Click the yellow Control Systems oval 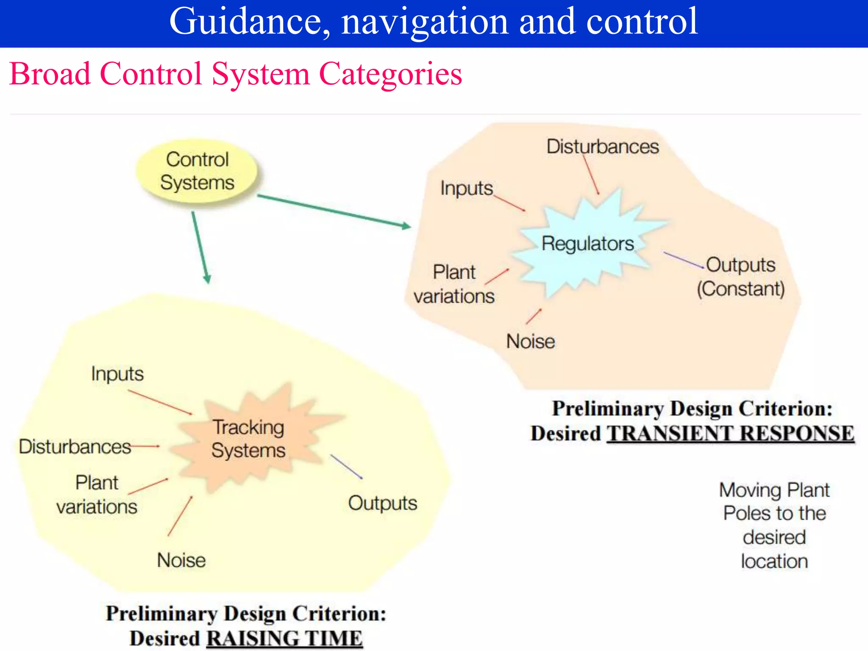pyautogui.click(x=197, y=171)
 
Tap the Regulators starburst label pyautogui.click(x=587, y=244)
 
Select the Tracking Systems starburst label pyautogui.click(x=248, y=439)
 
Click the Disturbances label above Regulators pyautogui.click(x=602, y=147)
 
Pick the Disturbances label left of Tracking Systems pyautogui.click(x=75, y=447)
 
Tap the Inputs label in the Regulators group pyautogui.click(x=466, y=188)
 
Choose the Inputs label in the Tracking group pyautogui.click(x=117, y=374)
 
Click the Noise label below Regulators pyautogui.click(x=530, y=341)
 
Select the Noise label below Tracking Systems pyautogui.click(x=181, y=560)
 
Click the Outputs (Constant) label pyautogui.click(x=741, y=276)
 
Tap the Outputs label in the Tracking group pyautogui.click(x=382, y=503)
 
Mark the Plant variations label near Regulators pyautogui.click(x=454, y=284)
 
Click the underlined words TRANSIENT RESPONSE pyautogui.click(x=730, y=434)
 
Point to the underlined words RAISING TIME pyautogui.click(x=284, y=638)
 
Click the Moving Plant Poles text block pyautogui.click(x=774, y=525)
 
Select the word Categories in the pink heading pyautogui.click(x=390, y=74)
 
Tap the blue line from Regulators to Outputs pyautogui.click(x=683, y=260)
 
